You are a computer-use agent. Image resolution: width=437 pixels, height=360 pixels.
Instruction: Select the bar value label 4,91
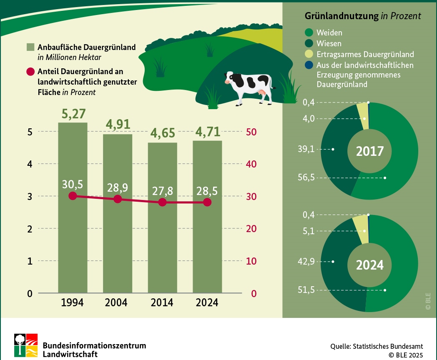pyautogui.click(x=118, y=124)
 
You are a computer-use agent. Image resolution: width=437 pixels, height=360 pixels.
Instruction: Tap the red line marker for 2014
pyautogui.click(x=163, y=202)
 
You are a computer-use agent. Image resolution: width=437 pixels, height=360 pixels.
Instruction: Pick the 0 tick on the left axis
pyautogui.click(x=30, y=293)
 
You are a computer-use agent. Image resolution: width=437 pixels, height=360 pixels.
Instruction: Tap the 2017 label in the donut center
pyautogui.click(x=369, y=151)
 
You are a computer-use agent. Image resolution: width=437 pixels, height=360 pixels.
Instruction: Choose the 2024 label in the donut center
pyautogui.click(x=369, y=265)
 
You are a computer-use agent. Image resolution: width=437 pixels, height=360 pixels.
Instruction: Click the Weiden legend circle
pyautogui.click(x=309, y=32)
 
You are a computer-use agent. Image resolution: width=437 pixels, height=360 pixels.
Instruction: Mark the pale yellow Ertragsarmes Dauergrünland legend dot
pyautogui.click(x=309, y=54)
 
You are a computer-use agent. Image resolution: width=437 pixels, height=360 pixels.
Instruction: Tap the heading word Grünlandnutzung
pyautogui.click(x=342, y=16)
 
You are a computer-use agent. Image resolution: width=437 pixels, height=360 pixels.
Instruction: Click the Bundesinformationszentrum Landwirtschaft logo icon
pyautogui.click(x=26, y=345)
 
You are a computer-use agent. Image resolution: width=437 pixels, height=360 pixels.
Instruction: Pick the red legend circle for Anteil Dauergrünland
pyautogui.click(x=30, y=72)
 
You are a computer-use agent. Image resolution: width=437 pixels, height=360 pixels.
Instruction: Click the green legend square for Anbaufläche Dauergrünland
pyautogui.click(x=30, y=47)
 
